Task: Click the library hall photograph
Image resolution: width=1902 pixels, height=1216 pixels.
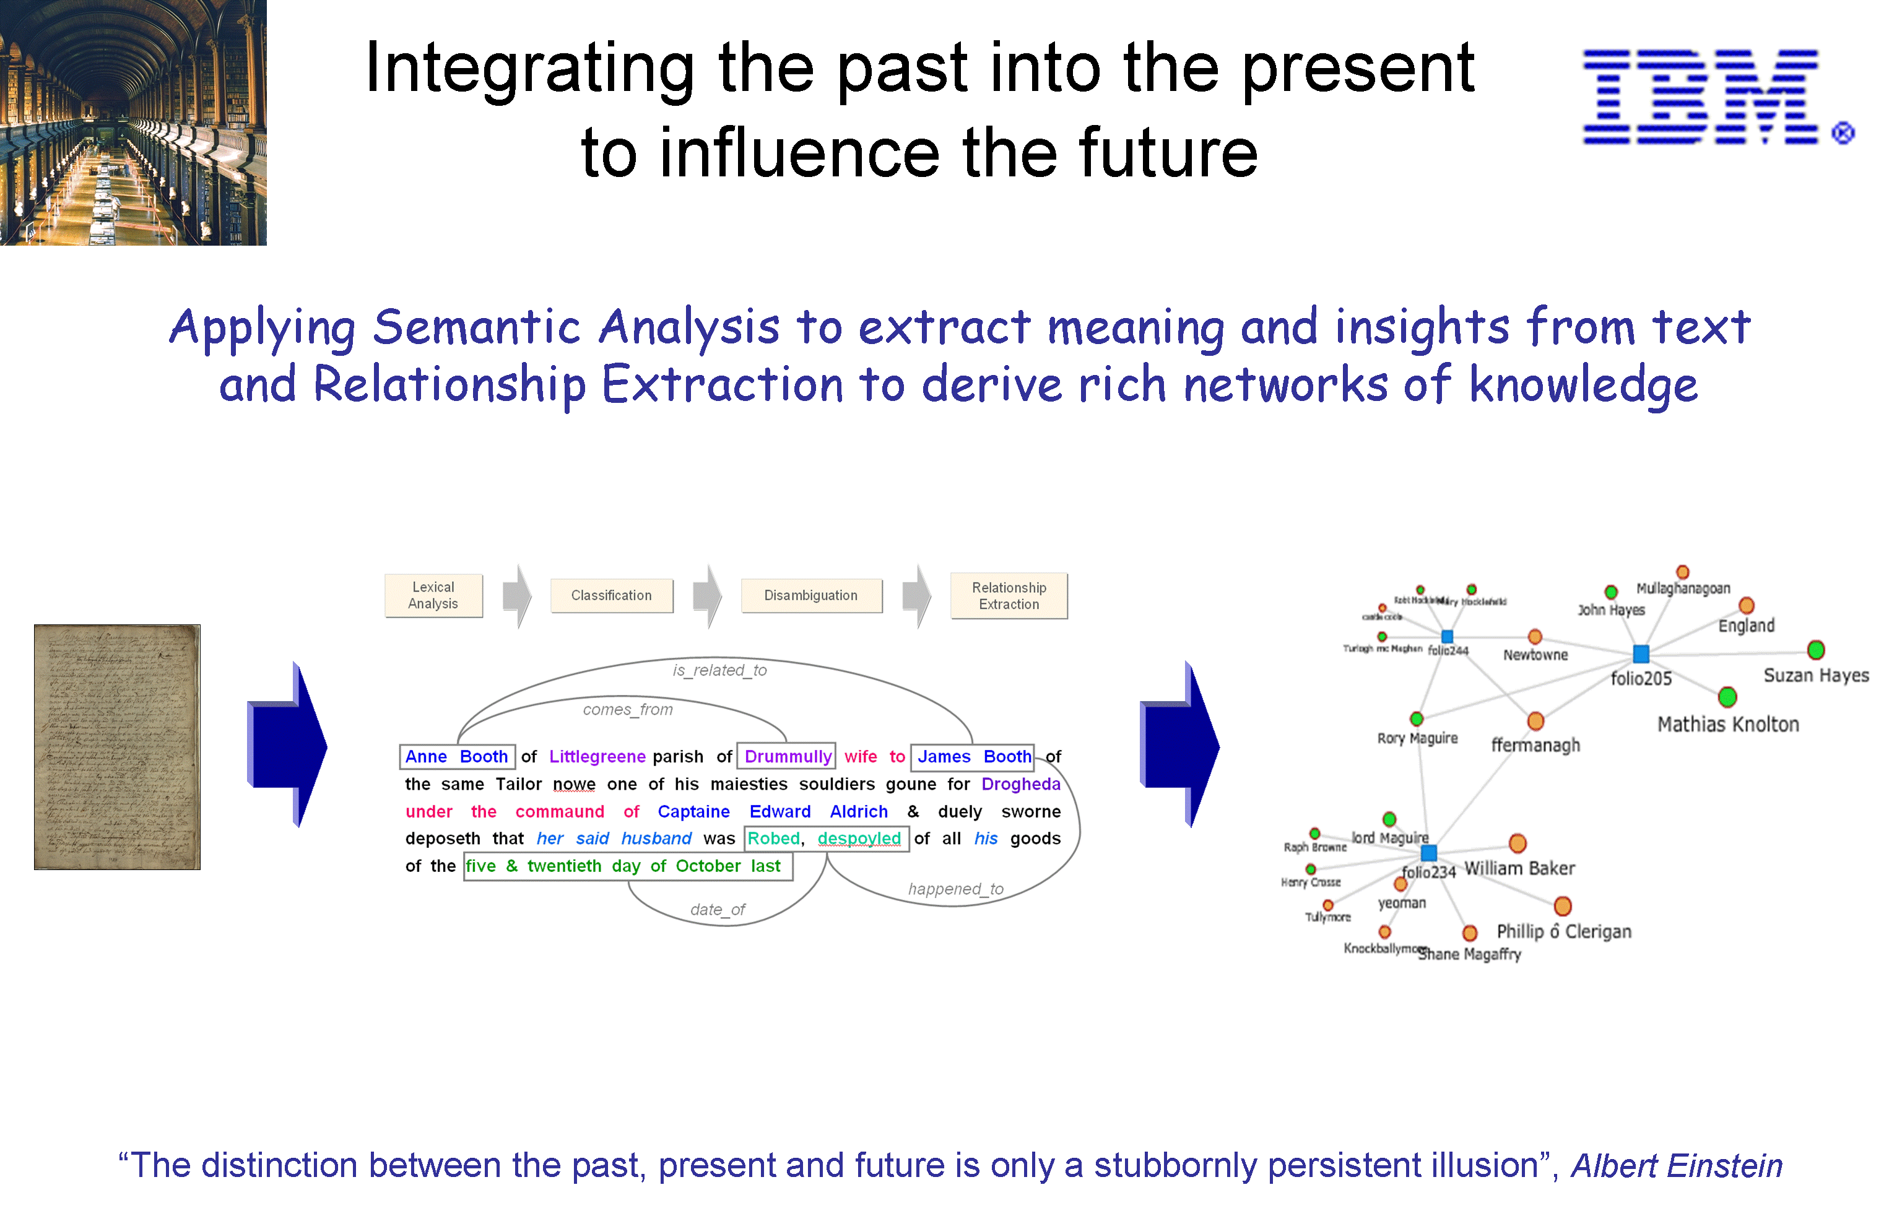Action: coord(132,123)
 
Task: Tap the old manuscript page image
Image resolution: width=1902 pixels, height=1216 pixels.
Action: coord(117,747)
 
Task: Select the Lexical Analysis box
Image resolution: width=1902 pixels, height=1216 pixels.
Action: coord(433,595)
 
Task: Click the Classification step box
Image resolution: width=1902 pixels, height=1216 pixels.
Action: coord(611,595)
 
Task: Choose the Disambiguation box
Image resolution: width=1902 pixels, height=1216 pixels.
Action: coord(810,595)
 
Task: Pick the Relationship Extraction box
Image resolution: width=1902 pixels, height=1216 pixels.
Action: coord(1009,595)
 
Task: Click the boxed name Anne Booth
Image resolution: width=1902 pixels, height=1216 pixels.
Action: coord(456,756)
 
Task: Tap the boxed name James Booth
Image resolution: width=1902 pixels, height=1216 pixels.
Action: coord(973,756)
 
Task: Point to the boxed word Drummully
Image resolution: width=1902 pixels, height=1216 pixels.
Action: coord(787,756)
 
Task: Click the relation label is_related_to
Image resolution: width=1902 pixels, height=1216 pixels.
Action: coord(719,670)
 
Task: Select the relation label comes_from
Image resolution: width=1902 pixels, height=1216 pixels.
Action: coord(628,710)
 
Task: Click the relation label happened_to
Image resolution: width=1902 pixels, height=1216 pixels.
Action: coord(956,889)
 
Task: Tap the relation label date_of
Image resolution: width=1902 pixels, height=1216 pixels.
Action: coord(717,910)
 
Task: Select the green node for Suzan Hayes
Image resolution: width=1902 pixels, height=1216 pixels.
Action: coord(1816,650)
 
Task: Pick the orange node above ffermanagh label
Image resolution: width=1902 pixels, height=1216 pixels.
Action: coord(1535,721)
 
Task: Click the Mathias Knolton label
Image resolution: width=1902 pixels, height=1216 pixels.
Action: coord(1728,724)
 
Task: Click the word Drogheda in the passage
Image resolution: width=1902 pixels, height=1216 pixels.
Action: coord(1020,784)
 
